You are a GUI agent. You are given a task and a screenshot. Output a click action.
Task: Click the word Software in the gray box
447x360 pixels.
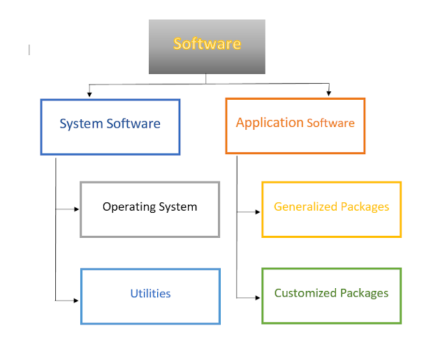tap(207, 43)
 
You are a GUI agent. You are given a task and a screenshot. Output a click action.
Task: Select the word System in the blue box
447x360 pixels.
tap(81, 124)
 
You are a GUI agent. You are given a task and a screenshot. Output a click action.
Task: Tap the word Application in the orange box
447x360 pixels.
tap(270, 123)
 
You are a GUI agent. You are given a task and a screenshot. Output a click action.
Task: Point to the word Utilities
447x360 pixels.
tap(150, 294)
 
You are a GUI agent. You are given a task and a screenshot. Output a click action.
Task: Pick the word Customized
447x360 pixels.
tap(305, 293)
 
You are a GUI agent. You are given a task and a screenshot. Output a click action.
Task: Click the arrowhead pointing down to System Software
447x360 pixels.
tap(89, 93)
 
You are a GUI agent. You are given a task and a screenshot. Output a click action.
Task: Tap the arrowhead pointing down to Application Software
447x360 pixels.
tap(329, 93)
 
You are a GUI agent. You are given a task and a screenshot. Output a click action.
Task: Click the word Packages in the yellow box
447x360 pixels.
tap(365, 207)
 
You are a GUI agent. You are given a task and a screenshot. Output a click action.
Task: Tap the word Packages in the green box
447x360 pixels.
tap(365, 293)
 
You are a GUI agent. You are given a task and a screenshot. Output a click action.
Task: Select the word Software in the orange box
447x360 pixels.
tap(331, 123)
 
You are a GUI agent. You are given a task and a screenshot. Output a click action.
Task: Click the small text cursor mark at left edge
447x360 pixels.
tap(29, 50)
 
